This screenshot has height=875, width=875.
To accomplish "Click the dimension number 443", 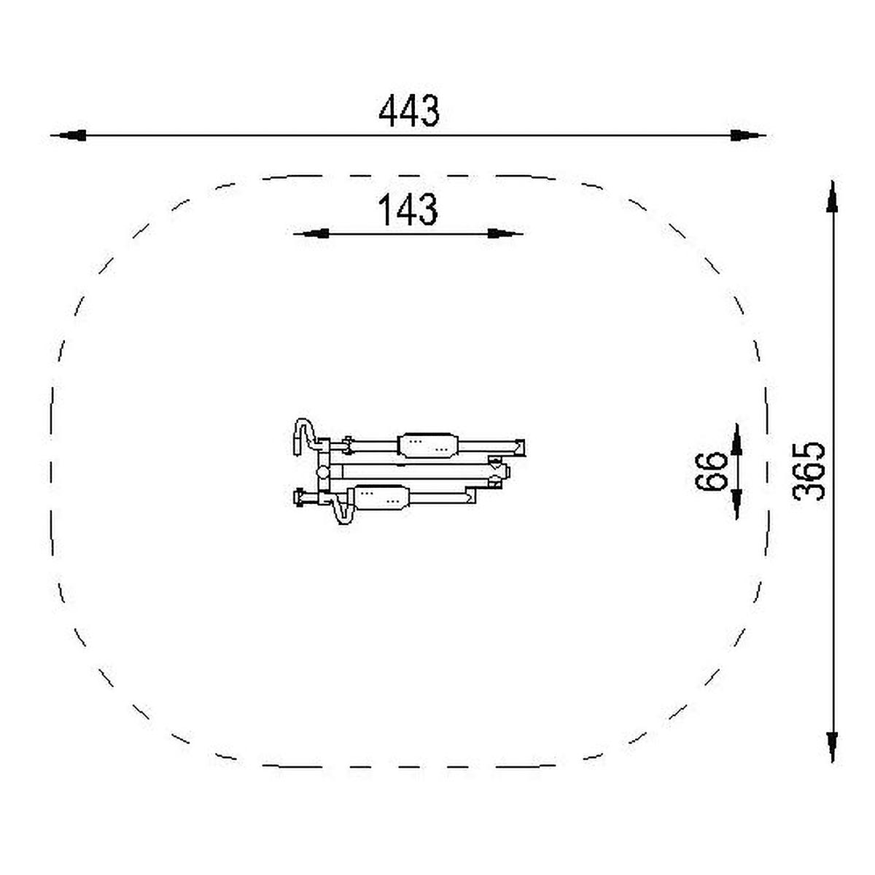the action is click(408, 110).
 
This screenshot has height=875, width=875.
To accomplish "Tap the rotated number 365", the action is click(809, 471).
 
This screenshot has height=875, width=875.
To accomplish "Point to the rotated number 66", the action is click(711, 471).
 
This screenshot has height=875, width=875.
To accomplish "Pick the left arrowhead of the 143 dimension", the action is click(311, 234).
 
